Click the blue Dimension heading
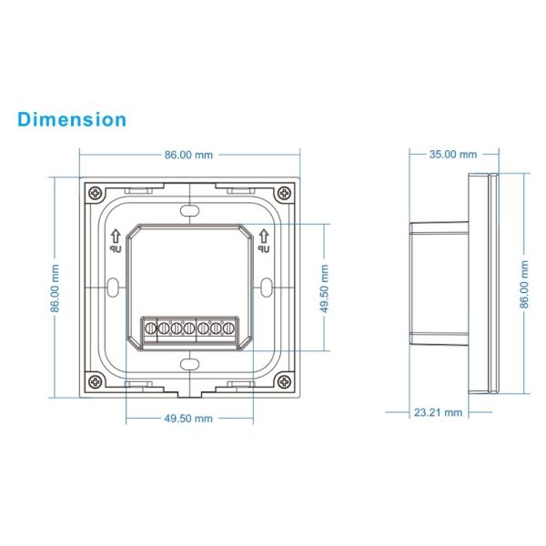71,119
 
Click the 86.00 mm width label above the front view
189,154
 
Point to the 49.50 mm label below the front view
189,419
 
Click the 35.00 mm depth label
452,154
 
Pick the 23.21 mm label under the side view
438,412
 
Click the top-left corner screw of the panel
95,194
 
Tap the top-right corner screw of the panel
285,194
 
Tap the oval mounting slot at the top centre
189,209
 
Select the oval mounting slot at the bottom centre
189,366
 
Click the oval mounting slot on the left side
110,288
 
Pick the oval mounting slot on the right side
268,288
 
